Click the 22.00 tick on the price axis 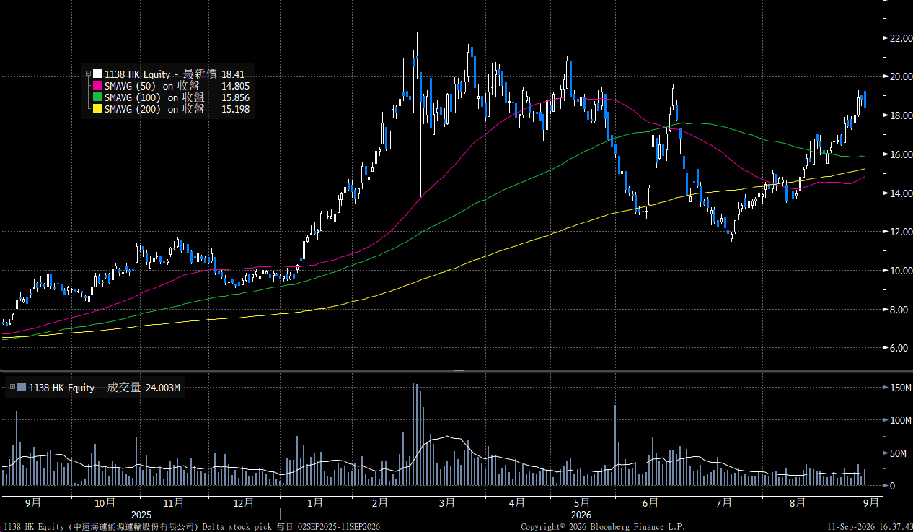coord(901,38)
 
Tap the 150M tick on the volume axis coord(900,388)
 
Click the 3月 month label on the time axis coord(447,502)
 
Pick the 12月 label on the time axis coord(243,502)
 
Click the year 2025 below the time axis coord(141,515)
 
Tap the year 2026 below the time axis coord(581,515)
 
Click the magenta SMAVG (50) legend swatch coord(97,86)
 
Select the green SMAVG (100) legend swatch coord(97,97)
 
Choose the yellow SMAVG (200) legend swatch coord(97,108)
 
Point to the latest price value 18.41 coord(233,74)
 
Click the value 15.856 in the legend coord(235,97)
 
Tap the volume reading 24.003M coord(163,388)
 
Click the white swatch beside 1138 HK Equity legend coord(97,74)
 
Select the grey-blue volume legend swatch coord(22,387)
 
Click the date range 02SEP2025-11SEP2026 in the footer coord(339,527)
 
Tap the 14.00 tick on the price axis coord(901,193)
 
